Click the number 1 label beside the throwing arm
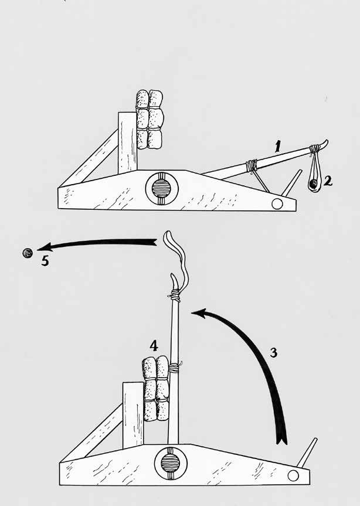[x=280, y=145]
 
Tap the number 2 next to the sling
[x=328, y=181]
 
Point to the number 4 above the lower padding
[x=154, y=347]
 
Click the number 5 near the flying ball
[x=45, y=261]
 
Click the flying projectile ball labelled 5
[x=27, y=253]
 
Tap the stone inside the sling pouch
[x=314, y=185]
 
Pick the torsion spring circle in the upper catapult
[x=160, y=188]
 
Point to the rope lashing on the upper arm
[x=253, y=166]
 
